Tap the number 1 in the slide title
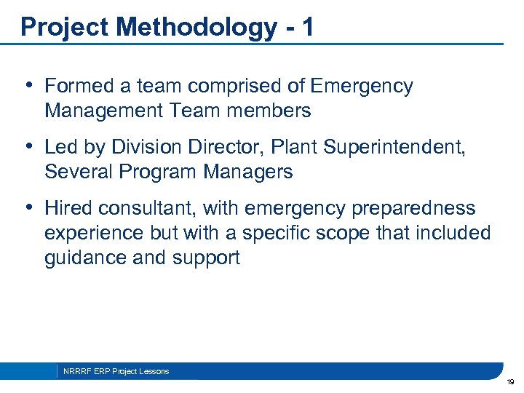(x=308, y=27)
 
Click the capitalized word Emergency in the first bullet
(x=361, y=86)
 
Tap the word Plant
(x=295, y=147)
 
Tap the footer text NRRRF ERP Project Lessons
(x=116, y=371)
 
